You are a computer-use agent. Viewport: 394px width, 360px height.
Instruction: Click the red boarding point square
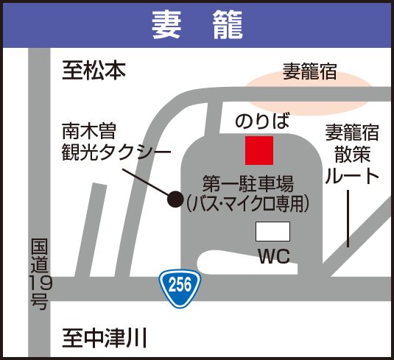coord(259,150)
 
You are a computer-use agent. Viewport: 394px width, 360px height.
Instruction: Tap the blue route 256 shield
coord(180,289)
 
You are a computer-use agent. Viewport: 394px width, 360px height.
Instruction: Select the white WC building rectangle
coord(272,231)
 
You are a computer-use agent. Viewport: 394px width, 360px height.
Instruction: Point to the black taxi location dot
coord(175,200)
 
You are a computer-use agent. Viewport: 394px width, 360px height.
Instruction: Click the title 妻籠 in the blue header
coord(197,24)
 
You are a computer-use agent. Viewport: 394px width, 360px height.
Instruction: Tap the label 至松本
coord(94,71)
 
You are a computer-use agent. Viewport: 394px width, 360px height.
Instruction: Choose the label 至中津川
coord(105,338)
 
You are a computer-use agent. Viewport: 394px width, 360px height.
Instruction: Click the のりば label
coord(262,121)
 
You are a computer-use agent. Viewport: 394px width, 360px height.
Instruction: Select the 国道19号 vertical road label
coord(40,274)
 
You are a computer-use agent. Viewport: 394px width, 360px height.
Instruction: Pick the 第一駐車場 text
coord(248,184)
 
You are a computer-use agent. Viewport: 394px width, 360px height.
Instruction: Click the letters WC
coord(275,256)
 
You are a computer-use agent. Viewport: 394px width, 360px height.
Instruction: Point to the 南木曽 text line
coord(89,131)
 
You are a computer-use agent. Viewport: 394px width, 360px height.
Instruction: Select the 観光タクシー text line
coord(116,152)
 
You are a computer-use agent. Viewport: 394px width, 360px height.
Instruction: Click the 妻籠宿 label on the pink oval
coord(310,71)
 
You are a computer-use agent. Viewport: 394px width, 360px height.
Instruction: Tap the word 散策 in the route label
coord(353,154)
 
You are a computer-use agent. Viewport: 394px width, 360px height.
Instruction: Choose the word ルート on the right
coord(352,176)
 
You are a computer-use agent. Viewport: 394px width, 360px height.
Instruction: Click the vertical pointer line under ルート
coord(348,219)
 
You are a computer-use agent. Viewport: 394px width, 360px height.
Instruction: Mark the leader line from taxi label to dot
coord(145,182)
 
